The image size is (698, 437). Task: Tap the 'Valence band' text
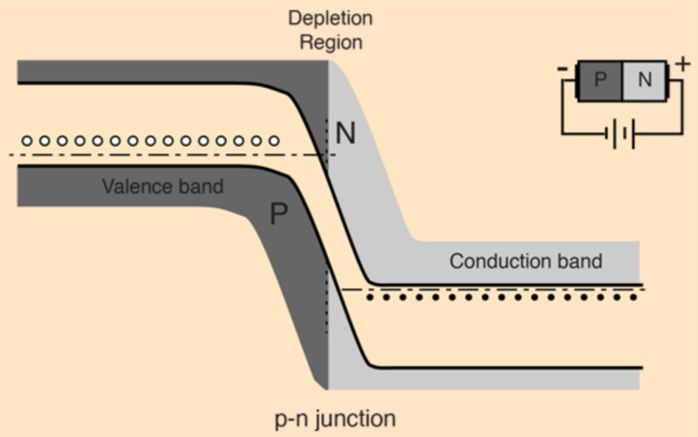162,186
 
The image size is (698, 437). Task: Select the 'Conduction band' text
525,262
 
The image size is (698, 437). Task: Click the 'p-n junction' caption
334,418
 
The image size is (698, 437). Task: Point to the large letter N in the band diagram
347,133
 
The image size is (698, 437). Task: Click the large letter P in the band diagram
279,215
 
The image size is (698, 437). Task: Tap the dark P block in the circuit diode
600,80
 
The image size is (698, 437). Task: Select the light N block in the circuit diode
645,80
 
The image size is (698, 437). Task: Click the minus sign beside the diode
561,70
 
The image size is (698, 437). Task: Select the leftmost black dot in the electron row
370,297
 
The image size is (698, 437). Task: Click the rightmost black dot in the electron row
634,297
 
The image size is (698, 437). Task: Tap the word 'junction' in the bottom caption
356,418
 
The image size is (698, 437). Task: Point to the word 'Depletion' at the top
329,17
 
